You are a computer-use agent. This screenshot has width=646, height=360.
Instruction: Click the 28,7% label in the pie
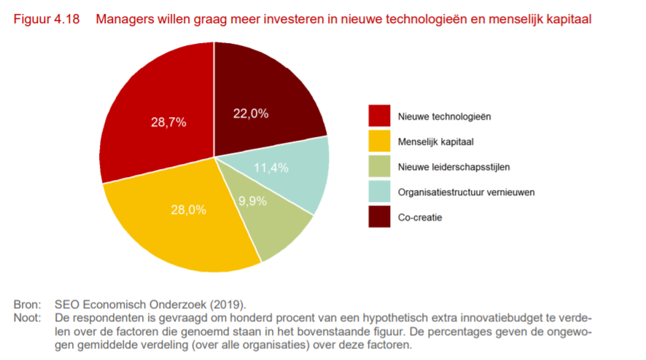168,122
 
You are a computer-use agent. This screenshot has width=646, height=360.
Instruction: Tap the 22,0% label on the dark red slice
251,113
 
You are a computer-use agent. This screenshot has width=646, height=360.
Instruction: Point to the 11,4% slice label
271,168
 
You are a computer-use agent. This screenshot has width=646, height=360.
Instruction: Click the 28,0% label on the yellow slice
188,210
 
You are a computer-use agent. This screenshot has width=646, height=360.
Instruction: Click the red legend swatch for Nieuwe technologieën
379,116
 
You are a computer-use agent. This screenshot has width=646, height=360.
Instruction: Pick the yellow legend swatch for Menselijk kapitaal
379,141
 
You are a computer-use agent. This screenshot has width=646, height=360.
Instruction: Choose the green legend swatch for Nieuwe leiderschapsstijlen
379,166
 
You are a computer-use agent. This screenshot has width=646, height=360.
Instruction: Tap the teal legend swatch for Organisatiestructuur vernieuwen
379,192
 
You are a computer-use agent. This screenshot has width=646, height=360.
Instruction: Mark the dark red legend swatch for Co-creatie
379,216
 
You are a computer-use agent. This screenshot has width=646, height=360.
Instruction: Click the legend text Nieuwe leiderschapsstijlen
454,167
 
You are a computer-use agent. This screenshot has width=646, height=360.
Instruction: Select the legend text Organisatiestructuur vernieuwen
466,192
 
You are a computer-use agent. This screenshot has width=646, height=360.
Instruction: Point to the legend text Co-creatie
419,217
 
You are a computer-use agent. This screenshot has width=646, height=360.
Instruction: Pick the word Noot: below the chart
27,316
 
